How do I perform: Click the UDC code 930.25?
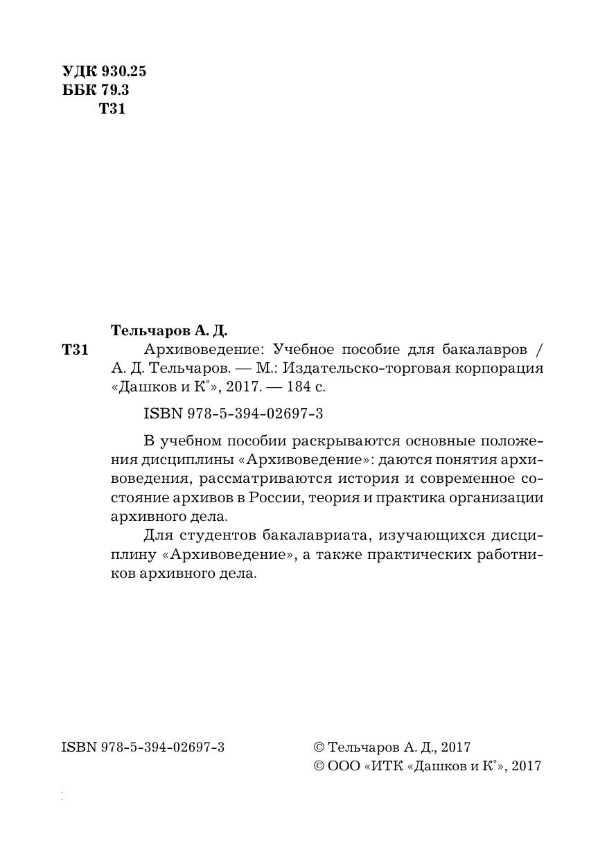click(124, 71)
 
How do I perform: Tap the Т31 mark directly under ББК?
click(112, 109)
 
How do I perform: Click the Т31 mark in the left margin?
click(75, 350)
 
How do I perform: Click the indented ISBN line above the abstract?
click(234, 414)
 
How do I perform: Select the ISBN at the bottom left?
click(143, 747)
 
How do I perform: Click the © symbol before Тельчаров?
click(319, 747)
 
